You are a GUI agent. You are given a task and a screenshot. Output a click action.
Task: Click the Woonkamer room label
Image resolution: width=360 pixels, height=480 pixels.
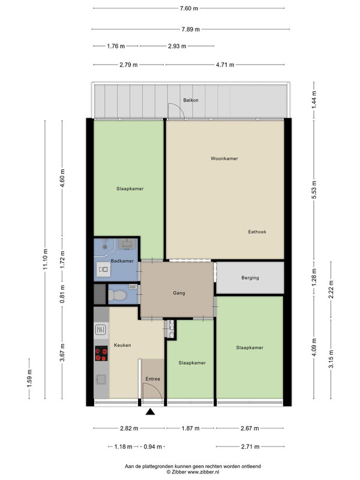pos(224,158)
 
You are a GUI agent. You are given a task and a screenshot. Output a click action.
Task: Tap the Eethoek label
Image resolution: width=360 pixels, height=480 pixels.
pos(257,232)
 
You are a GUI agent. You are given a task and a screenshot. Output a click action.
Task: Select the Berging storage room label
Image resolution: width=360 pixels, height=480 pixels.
pos(250,278)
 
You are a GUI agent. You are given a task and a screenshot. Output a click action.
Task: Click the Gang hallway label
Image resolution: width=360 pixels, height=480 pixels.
pos(179,293)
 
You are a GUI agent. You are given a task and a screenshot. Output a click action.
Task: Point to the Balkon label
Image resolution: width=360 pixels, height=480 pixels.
pos(191,100)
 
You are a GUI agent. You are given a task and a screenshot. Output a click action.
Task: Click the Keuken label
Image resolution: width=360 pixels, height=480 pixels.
pos(122,345)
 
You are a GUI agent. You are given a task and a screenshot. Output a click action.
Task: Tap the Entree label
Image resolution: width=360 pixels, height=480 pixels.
pos(153,379)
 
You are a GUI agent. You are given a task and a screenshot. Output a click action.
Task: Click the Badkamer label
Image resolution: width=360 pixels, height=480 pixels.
pos(122,261)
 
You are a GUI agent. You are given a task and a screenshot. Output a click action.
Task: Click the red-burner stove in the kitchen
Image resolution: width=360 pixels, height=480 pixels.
pos(101,353)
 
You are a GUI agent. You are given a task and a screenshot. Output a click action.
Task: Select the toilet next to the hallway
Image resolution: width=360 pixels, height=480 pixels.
pos(117,295)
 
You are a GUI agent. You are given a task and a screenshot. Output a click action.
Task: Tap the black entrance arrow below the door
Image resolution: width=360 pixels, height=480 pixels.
pos(150,412)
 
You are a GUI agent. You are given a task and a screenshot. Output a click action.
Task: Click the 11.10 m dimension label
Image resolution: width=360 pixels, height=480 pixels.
pos(46,259)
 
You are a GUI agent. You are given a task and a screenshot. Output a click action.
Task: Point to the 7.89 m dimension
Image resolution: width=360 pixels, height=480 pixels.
pos(190,29)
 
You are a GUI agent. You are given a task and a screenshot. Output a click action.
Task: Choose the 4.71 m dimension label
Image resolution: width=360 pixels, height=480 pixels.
pos(225,65)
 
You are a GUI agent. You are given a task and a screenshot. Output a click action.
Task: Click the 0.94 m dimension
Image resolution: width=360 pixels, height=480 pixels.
pos(153,446)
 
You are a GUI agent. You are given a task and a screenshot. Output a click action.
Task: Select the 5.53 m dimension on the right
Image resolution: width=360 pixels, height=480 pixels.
pos(314,190)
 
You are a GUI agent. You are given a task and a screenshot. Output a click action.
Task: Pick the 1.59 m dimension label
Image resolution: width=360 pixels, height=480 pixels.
pos(29,379)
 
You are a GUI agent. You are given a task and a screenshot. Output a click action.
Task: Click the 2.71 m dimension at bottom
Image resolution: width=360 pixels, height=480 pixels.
pos(250,446)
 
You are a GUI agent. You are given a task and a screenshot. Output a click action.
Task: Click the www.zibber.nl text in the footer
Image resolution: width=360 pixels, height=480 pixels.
pos(203,472)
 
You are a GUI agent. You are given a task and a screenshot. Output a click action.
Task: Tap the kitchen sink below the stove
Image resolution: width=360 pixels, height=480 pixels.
pos(101,380)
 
